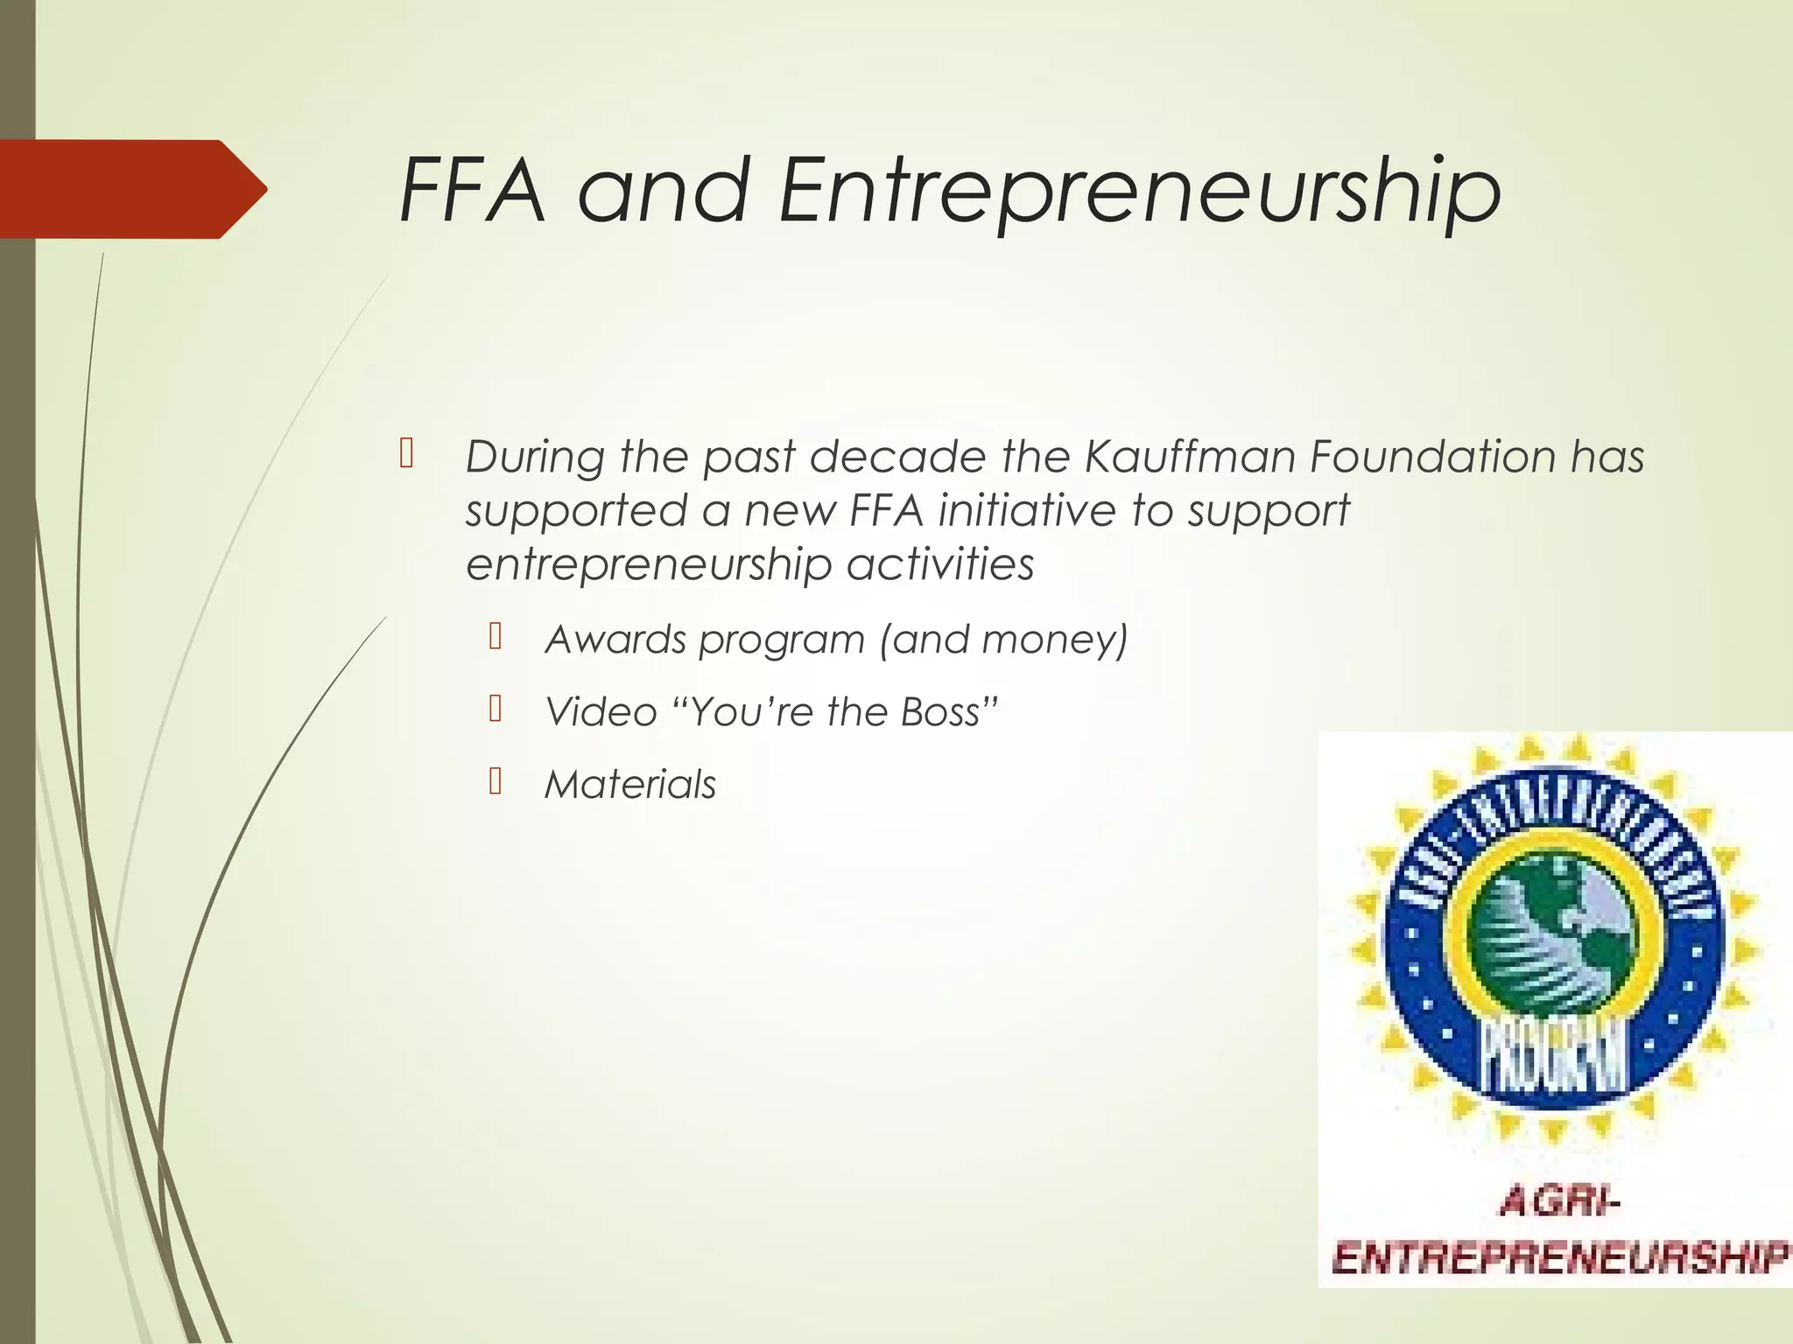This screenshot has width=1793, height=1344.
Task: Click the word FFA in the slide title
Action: pos(473,191)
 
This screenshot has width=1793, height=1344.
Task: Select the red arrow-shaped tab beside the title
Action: pos(131,189)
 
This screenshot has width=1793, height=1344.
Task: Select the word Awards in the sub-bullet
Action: pos(615,640)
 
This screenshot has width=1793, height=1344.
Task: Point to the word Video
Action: pos(601,712)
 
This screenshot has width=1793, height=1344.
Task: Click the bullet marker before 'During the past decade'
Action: pos(406,454)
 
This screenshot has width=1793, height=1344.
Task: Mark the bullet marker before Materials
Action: pos(496,781)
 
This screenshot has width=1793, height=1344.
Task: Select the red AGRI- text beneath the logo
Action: pos(1559,1204)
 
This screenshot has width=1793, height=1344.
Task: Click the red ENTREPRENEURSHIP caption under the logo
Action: pos(1558,1260)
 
